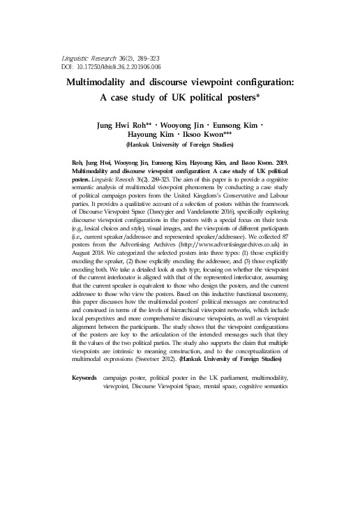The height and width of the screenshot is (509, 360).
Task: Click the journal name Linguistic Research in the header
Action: pyautogui.click(x=77, y=57)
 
